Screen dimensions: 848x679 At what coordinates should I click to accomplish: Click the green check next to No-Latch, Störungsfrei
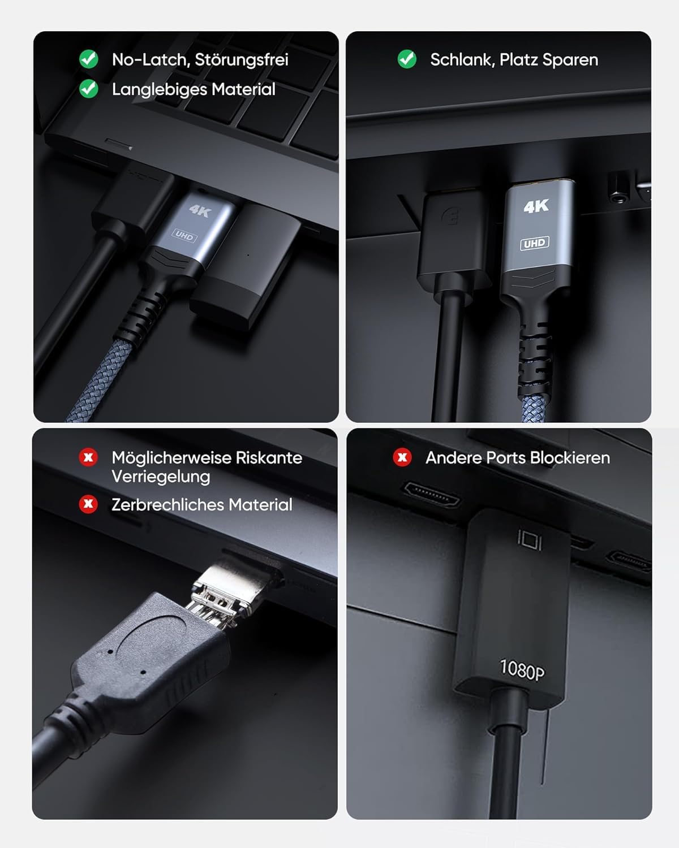[x=88, y=59]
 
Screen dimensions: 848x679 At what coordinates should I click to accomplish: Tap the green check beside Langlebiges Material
[x=88, y=89]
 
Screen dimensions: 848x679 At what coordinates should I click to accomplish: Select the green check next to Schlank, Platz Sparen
[x=407, y=59]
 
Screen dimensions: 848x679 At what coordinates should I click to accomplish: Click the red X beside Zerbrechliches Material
[x=88, y=504]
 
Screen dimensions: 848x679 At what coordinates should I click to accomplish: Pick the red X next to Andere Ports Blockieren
[x=402, y=457]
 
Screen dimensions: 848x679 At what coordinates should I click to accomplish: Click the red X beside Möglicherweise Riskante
[x=88, y=457]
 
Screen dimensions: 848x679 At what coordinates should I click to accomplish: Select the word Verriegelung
[x=161, y=477]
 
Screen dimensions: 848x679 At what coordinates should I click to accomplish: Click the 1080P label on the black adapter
[x=522, y=669]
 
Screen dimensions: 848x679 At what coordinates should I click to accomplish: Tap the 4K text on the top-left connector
[x=199, y=211]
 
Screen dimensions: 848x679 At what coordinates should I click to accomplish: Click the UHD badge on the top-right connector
[x=534, y=243]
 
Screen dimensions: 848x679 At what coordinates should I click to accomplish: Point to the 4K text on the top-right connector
[x=536, y=206]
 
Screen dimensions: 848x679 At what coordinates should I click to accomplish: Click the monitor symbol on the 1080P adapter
[x=530, y=540]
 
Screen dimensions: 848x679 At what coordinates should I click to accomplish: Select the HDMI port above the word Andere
[x=431, y=494]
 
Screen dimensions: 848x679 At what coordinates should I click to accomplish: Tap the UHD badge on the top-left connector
[x=184, y=235]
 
